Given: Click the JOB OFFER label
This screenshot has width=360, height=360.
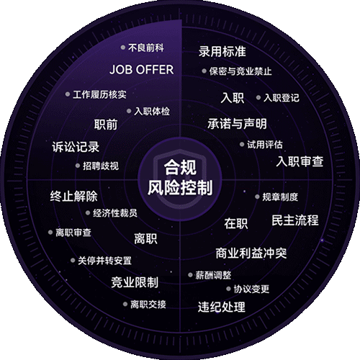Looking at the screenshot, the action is coord(142,70).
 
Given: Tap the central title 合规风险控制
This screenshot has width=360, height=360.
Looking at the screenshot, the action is coord(180,178).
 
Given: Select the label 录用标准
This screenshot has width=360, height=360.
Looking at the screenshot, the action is coord(222,51).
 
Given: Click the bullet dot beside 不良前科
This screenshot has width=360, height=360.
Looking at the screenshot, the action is coord(123,48).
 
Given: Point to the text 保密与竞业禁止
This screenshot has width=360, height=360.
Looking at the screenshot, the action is coord(240,71).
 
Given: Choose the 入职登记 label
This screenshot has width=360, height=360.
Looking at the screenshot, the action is coord(282,98).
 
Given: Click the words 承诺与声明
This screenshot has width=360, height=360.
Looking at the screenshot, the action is coord(237,124).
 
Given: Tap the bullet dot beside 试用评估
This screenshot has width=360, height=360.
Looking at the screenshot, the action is coord(242,145).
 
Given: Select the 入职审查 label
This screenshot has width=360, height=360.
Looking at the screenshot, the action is coord(300,161).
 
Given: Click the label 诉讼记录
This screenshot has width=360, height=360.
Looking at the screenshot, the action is coord(76,147).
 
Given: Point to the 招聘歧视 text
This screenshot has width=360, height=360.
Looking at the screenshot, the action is coord(101,166).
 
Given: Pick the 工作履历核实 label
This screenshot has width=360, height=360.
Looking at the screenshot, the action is coord(99,94).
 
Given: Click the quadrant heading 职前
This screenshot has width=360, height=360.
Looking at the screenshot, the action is coord(106,125).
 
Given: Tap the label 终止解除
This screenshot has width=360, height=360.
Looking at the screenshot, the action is coord(73,196).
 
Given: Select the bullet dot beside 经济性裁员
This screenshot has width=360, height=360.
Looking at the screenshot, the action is coord(88,213).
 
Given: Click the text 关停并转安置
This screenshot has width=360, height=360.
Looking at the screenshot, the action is coord(104,261).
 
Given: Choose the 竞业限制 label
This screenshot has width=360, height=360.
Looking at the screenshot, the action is coord(135,282).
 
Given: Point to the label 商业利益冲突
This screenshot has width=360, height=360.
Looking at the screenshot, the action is coord(251,253).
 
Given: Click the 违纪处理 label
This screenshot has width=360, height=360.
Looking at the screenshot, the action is coord(222,307).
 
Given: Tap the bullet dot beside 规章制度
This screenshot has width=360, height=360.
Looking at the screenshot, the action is coord(257,197).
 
